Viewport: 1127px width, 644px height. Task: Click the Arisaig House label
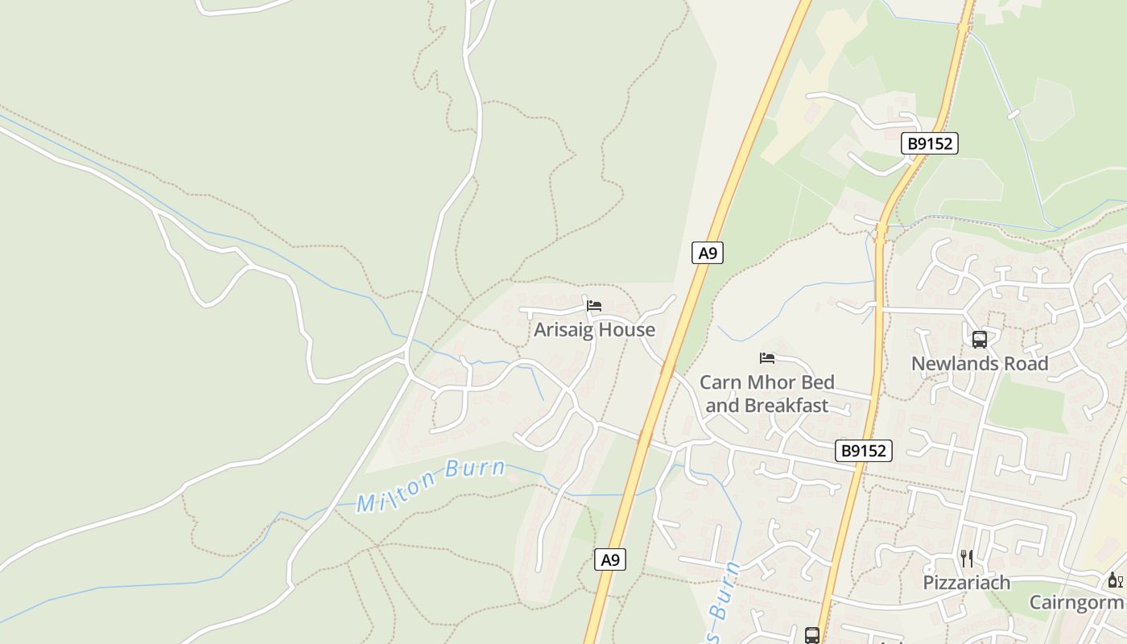click(x=594, y=329)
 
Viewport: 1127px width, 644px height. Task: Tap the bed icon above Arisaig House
click(x=594, y=306)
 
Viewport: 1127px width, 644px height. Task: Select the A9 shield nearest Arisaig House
click(x=707, y=253)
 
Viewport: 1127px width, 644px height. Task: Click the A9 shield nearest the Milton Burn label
click(x=610, y=559)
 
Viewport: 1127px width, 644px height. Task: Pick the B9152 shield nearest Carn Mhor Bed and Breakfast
click(x=863, y=451)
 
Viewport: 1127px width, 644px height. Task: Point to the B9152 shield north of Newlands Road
click(x=929, y=144)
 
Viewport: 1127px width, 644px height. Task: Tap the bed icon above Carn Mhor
click(x=767, y=357)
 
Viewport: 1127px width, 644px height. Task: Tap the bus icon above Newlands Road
click(x=979, y=340)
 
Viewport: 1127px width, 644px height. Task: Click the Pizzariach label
click(x=966, y=582)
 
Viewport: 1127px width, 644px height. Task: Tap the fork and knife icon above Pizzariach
click(x=967, y=558)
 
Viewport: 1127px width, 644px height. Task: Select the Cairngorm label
click(x=1076, y=602)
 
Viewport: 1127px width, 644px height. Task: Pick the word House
click(x=628, y=329)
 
